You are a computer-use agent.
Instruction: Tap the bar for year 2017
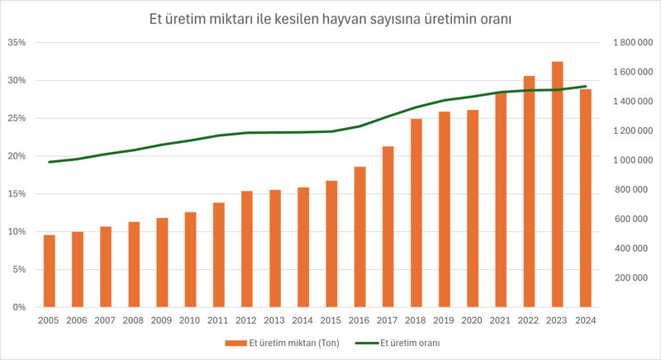pyautogui.click(x=388, y=226)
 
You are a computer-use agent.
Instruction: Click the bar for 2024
pyautogui.click(x=586, y=198)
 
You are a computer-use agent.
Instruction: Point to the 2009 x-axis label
pyautogui.click(x=162, y=320)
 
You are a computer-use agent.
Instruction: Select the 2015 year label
pyautogui.click(x=331, y=320)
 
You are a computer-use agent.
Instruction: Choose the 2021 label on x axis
pyautogui.click(x=501, y=320)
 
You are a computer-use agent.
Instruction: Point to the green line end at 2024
pyautogui.click(x=586, y=86)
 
